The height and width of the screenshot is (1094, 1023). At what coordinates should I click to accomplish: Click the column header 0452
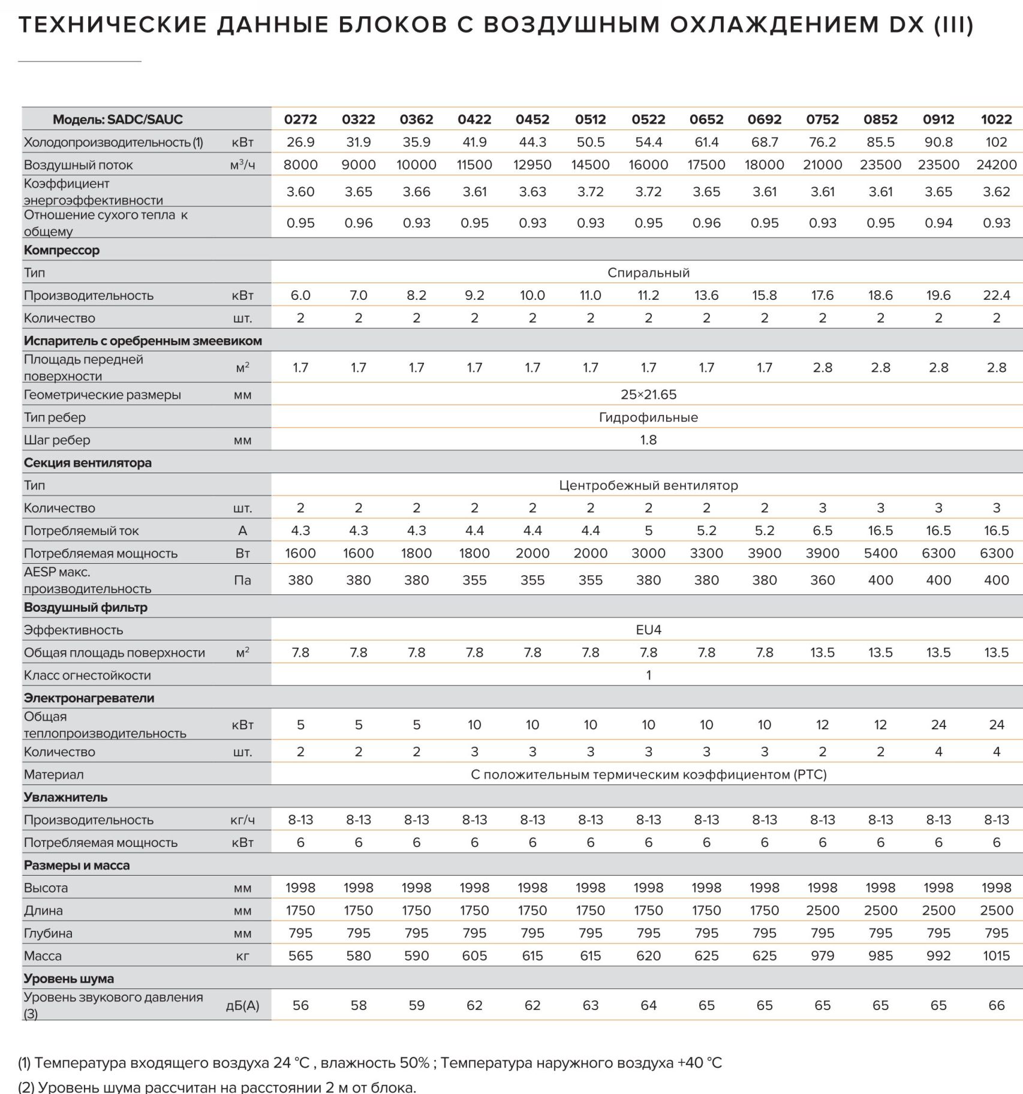(532, 119)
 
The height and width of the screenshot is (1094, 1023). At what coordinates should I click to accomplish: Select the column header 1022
(996, 119)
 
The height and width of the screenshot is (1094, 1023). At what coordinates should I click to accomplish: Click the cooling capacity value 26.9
(300, 142)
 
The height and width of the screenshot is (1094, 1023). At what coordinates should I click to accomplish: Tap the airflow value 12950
(532, 165)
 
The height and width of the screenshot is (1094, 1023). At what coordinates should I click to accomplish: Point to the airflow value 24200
(996, 165)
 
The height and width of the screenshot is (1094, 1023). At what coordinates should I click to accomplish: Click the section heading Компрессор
(62, 250)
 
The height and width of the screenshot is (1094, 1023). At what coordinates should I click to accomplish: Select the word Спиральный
(648, 273)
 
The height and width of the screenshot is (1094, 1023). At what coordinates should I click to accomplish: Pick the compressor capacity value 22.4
(996, 296)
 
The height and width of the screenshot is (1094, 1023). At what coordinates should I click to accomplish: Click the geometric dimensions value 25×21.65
(648, 395)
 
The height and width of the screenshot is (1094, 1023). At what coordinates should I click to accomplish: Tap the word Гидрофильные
(648, 417)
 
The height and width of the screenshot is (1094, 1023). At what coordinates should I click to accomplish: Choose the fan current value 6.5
(822, 531)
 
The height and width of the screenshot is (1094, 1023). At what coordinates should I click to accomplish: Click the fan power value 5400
(880, 554)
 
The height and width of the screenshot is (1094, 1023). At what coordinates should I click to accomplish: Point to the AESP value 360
(822, 581)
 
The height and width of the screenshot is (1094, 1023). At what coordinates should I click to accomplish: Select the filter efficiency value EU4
(648, 630)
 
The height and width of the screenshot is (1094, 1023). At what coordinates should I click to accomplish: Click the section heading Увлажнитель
(66, 798)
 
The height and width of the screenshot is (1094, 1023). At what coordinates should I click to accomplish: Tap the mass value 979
(822, 956)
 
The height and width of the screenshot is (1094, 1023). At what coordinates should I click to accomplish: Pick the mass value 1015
(996, 956)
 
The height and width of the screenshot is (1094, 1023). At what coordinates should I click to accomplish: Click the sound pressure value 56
(300, 1006)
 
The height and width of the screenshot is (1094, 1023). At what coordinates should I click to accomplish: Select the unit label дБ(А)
(243, 1006)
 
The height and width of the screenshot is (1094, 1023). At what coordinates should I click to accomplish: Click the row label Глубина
(48, 933)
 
